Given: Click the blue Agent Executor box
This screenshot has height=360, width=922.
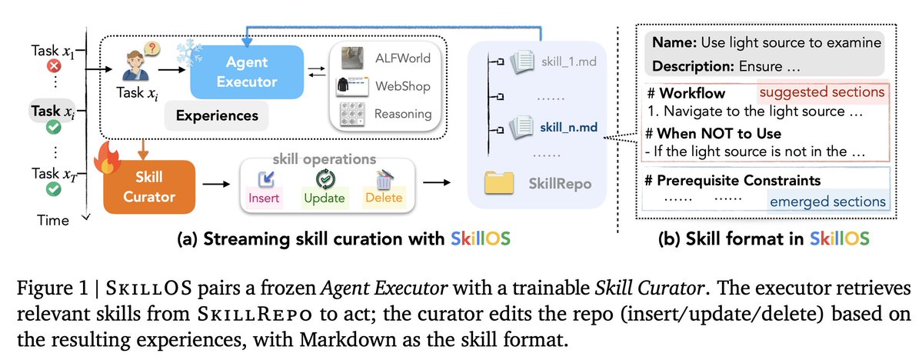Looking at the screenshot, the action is [246, 72].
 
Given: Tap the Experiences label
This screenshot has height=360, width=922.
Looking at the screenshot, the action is [218, 115].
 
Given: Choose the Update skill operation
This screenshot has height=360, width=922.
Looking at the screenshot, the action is [324, 187].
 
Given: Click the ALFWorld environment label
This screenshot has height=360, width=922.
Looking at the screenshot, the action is [403, 58].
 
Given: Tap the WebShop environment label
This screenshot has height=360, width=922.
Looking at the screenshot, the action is [403, 86].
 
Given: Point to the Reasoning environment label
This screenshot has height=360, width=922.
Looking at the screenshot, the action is [403, 114].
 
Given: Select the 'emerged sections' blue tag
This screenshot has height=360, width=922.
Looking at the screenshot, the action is [827, 202].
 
